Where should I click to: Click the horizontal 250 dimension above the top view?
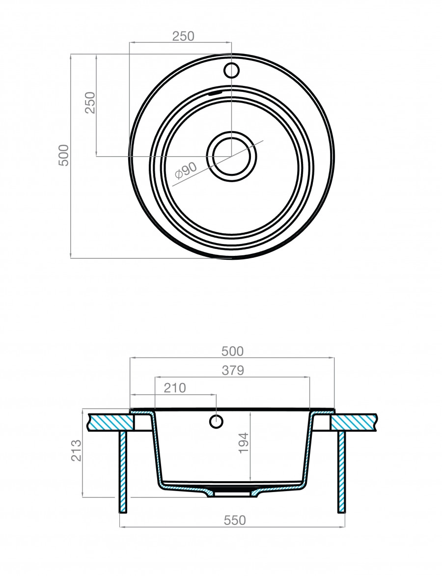(x=183, y=36)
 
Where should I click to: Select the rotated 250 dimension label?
(x=90, y=103)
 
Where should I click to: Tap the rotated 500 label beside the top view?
(x=64, y=156)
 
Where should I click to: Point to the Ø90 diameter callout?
(x=186, y=169)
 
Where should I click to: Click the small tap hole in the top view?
(x=231, y=70)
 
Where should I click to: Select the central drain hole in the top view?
(x=231, y=156)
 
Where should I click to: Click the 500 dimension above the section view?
(x=232, y=351)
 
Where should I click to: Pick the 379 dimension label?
(x=232, y=371)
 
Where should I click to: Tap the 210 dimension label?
(x=175, y=388)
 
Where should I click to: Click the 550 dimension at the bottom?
(x=234, y=520)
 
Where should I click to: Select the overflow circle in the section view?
(x=216, y=421)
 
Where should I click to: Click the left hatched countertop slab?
(x=110, y=422)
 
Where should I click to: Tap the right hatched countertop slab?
(x=355, y=422)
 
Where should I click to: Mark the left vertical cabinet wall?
(x=123, y=471)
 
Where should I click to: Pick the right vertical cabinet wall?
(x=341, y=471)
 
